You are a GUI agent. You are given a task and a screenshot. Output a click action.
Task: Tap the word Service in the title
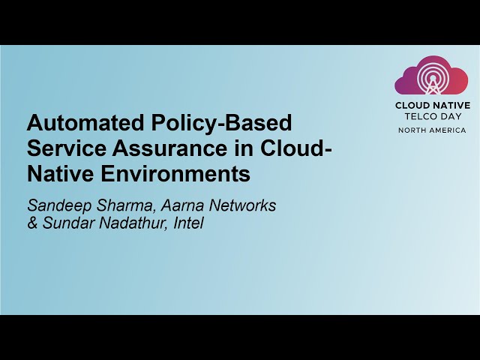(x=64, y=148)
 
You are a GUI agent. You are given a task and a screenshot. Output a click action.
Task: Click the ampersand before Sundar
(x=32, y=223)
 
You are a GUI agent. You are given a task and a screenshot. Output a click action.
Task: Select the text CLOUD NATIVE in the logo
(x=433, y=106)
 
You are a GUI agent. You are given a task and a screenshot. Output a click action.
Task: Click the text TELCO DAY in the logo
(x=432, y=117)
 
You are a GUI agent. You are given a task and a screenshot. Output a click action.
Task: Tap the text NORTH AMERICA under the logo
(x=432, y=130)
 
